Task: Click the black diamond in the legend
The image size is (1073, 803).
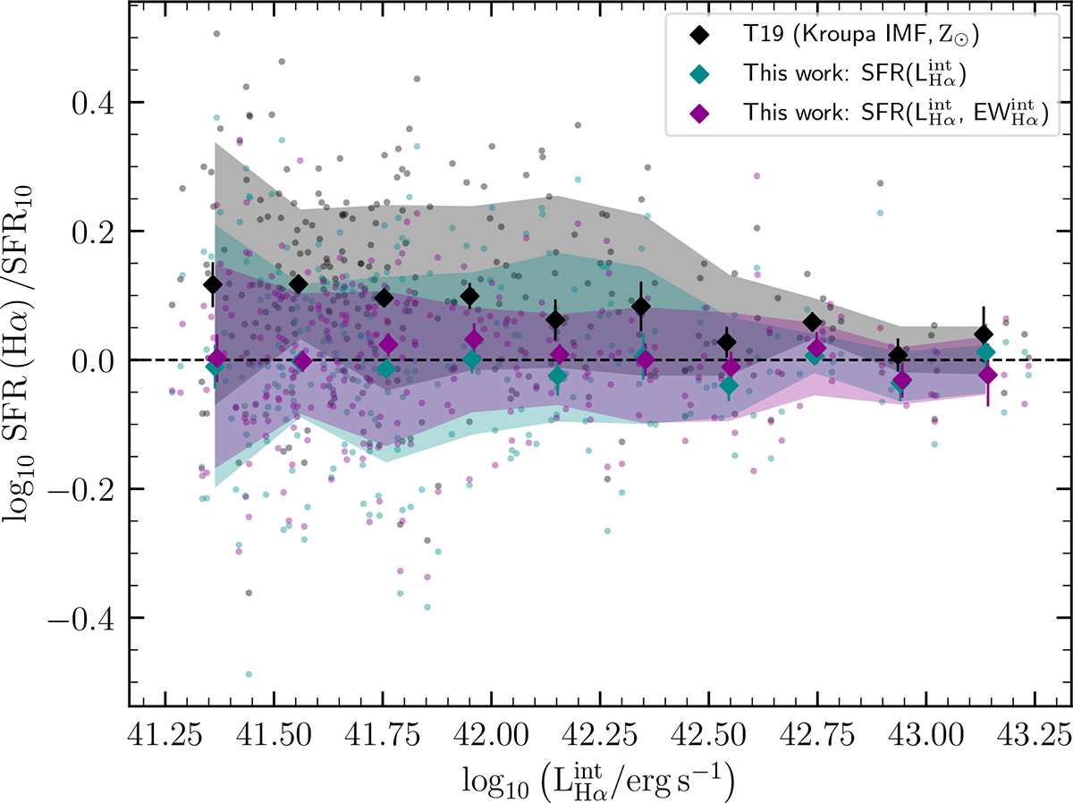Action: [702, 38]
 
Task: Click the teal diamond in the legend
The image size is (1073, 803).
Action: [702, 75]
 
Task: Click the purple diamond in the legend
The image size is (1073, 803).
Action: [702, 114]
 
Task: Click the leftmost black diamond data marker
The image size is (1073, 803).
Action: [213, 284]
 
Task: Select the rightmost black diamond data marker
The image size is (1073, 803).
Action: [984, 334]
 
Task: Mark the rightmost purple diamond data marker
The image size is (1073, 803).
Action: [988, 375]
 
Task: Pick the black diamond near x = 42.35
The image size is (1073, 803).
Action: [641, 307]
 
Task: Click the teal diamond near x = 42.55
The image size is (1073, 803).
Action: [729, 386]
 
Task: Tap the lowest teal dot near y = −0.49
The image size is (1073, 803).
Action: [249, 674]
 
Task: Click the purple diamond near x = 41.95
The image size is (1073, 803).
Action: [475, 341]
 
